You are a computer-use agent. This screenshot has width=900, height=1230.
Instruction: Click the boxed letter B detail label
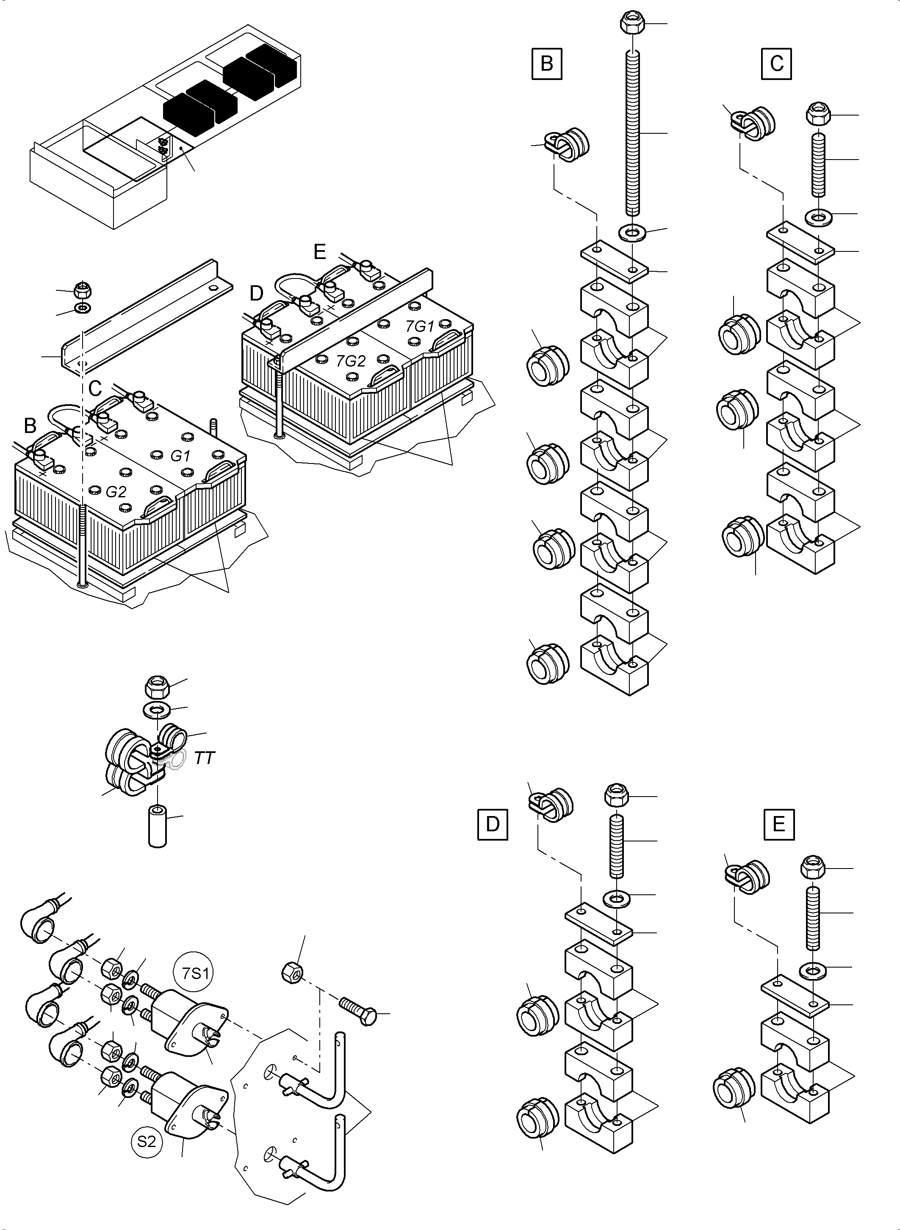click(546, 64)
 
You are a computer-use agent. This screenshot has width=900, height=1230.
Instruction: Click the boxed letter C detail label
click(776, 64)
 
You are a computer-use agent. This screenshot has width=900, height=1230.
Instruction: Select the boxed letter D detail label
click(493, 825)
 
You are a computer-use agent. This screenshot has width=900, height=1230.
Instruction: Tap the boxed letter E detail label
click(778, 825)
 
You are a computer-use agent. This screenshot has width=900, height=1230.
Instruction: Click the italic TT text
click(205, 758)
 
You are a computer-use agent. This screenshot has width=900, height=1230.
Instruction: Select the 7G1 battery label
click(419, 327)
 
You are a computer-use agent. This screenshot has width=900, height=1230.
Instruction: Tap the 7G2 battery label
click(350, 361)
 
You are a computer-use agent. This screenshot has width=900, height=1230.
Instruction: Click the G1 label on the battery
click(180, 456)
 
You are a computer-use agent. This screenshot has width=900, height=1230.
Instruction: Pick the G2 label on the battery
click(116, 492)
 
